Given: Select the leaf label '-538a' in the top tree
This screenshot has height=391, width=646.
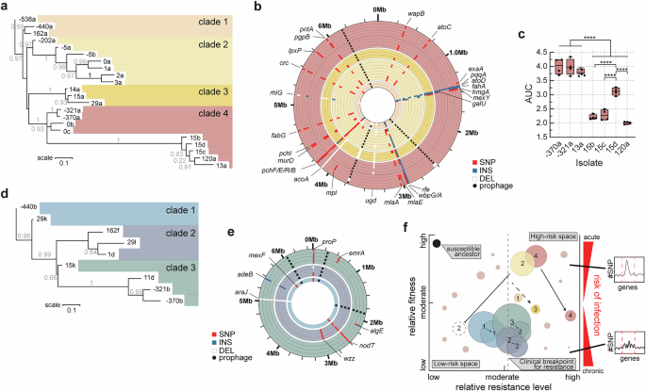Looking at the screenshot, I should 22,18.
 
